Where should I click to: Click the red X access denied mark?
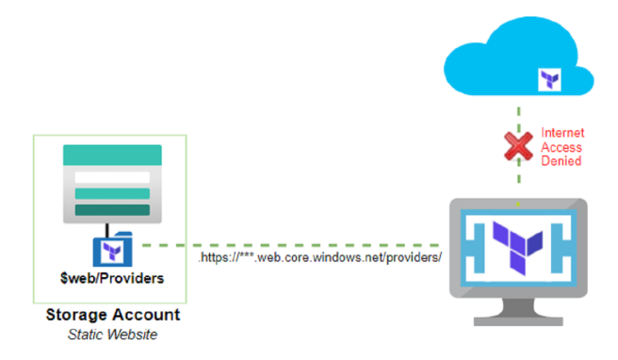(517, 146)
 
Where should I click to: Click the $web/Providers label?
(109, 278)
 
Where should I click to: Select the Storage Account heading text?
(112, 315)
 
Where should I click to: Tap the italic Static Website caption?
(111, 334)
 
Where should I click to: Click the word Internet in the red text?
(563, 133)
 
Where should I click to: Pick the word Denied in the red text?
(561, 160)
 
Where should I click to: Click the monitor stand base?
(517, 320)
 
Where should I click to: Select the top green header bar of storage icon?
(112, 157)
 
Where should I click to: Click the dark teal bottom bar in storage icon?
(112, 210)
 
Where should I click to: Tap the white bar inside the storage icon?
(112, 178)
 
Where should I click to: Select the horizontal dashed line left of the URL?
(170, 247)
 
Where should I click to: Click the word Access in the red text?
(561, 147)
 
